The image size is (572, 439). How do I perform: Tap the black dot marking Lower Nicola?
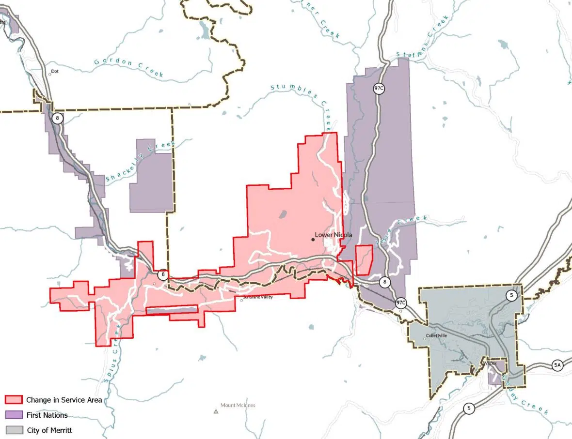point(313,239)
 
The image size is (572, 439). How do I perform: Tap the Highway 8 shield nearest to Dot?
point(58,118)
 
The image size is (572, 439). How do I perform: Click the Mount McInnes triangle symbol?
point(216,411)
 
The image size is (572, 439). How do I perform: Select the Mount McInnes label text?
point(238,406)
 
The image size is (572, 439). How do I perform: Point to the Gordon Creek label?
point(128,67)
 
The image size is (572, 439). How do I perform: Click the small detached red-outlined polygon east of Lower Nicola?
point(364,259)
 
